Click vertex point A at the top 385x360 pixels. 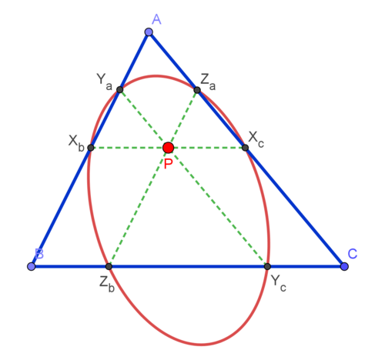coord(149,32)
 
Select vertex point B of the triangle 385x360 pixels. coord(32,266)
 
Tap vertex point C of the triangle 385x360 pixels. coord(344,266)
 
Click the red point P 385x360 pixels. coord(169,148)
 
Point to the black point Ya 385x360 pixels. coord(120,90)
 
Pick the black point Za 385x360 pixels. coord(197,90)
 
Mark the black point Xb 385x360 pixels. coord(91,148)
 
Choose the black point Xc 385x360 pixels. coord(245,148)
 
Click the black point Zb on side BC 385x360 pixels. coord(109,266)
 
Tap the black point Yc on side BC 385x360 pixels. coord(267,266)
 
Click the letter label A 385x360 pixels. coord(156,19)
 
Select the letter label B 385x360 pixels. coord(39,253)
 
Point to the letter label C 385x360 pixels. coord(353,254)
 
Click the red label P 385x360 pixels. coord(168,164)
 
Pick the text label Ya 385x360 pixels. coord(105,82)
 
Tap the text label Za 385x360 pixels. coord(208,82)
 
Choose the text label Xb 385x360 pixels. coord(76,143)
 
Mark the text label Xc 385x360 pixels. coord(256,140)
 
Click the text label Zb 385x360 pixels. coord(107,285)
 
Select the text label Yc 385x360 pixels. coord(279,283)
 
